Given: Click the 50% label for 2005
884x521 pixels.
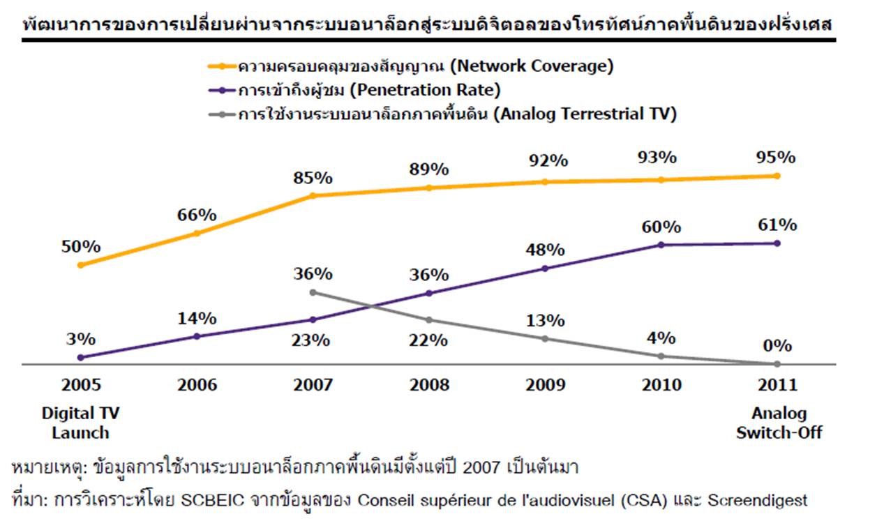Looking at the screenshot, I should click(x=81, y=247).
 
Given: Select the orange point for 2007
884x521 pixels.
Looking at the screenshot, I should click(x=313, y=196).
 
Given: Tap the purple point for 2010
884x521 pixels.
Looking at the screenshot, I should click(x=661, y=245).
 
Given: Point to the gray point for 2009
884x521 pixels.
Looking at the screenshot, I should click(x=545, y=339).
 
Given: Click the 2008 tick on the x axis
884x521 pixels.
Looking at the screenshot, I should click(x=428, y=385).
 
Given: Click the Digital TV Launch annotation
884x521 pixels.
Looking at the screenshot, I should click(x=81, y=423).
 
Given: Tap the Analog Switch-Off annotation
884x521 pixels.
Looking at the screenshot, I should click(x=779, y=423).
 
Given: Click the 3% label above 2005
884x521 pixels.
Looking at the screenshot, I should click(x=81, y=340).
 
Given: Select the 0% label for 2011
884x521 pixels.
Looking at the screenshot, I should click(x=778, y=346).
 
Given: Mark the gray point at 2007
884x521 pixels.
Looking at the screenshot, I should click(x=313, y=292).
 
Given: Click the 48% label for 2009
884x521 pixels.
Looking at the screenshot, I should click(x=545, y=250).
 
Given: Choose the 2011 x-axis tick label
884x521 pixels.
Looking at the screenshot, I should click(x=777, y=385).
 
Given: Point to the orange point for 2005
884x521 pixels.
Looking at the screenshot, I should click(x=81, y=265).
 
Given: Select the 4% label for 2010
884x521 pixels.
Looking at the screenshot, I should click(x=661, y=338).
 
